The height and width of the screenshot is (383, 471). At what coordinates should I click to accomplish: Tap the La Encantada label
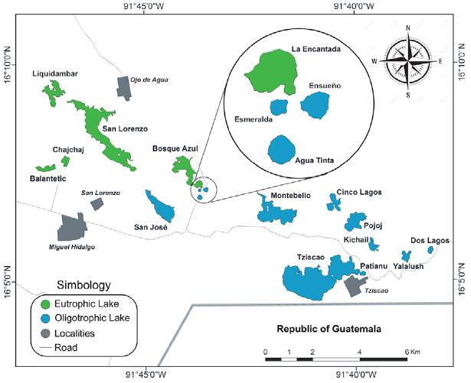point(316,50)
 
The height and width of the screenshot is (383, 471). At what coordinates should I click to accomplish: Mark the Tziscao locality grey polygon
point(355,286)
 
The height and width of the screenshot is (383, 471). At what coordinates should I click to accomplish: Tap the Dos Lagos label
point(430,240)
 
